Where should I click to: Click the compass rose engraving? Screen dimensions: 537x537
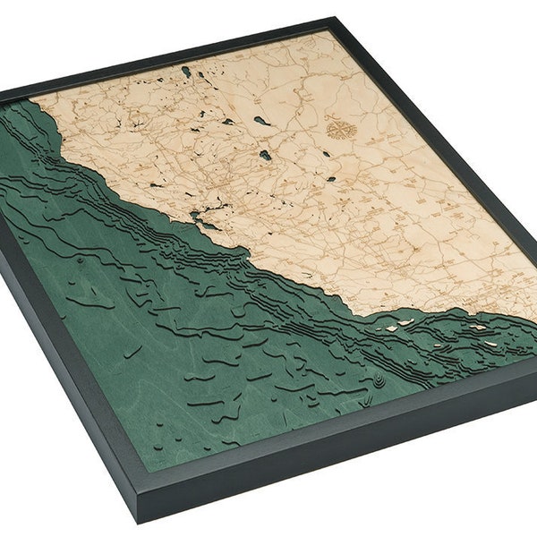(x=341, y=129)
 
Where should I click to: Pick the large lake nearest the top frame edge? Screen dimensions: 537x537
(x=186, y=71)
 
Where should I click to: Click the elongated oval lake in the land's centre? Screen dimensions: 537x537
(x=260, y=120)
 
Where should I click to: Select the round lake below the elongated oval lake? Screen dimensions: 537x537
(x=266, y=155)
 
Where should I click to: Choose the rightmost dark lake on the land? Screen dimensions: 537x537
(x=330, y=178)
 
